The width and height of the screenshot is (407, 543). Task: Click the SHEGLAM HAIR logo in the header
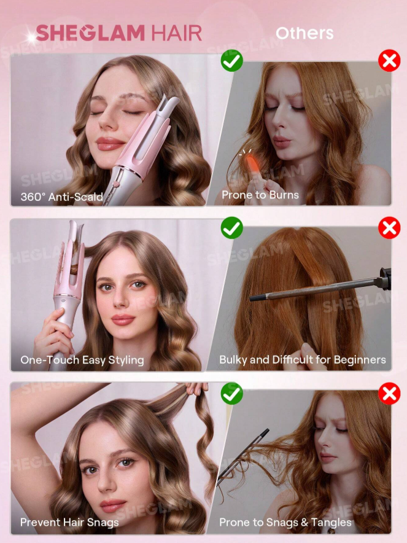[x=118, y=33]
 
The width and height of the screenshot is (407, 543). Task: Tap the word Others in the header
[x=304, y=33]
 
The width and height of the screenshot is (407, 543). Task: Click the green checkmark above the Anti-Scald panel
[x=231, y=61]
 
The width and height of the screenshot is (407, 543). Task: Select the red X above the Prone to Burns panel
[x=389, y=61]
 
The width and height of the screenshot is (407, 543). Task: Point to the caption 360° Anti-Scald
[x=61, y=197]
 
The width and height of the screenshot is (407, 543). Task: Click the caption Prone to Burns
[x=260, y=195]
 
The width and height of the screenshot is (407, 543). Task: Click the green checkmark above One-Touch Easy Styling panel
[x=231, y=228]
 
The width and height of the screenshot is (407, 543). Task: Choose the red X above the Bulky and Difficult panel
[x=389, y=228]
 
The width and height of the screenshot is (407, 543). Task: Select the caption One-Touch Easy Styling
[x=82, y=360]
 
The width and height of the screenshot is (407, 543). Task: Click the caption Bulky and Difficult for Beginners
[x=303, y=359]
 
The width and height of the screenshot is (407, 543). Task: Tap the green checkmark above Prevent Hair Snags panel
[x=231, y=393]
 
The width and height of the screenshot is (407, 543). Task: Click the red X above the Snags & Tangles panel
[x=389, y=393]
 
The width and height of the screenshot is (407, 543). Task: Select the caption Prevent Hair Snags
[x=69, y=522]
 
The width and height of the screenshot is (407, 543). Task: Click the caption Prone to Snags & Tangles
[x=285, y=522]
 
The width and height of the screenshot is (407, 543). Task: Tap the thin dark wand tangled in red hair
[x=242, y=457]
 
